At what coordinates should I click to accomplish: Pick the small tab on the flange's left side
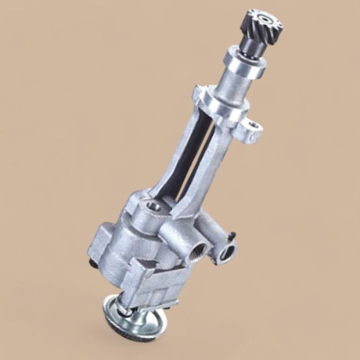196,93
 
